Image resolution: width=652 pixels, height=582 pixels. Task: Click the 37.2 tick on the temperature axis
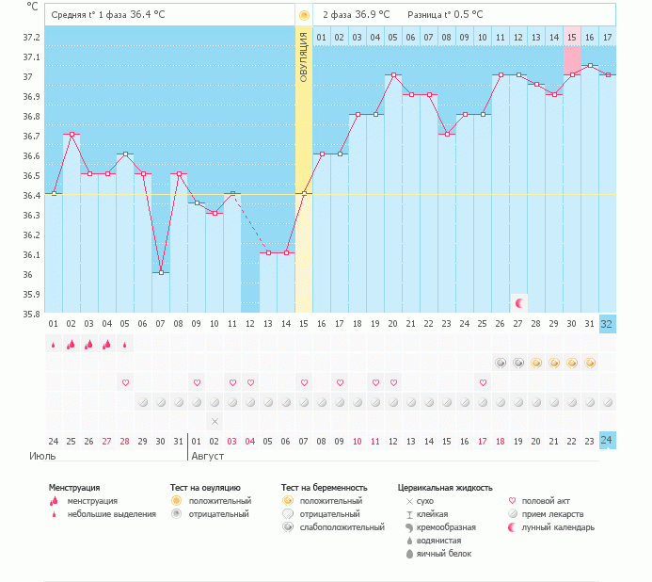coord(31,37)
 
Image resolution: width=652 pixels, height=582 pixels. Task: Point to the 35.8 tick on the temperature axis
coord(31,314)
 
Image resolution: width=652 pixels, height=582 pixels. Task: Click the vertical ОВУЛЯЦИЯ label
coord(304,57)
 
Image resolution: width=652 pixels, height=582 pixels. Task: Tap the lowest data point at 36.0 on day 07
coord(161,272)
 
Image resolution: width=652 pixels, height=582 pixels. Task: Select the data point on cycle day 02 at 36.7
coord(72,135)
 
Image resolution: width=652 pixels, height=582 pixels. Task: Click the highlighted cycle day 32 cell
coord(608,324)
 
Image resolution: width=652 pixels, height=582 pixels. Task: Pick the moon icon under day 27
coord(518,302)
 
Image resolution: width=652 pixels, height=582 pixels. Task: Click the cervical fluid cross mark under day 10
coord(215,421)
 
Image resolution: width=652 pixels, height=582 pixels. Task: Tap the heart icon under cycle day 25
coord(483,382)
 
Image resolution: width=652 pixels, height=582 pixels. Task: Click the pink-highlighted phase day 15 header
coord(572,37)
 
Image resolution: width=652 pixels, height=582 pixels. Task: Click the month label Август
coord(209,456)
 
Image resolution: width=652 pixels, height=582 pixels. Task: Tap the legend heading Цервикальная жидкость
coord(445,488)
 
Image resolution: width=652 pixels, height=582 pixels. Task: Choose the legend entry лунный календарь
coord(561,527)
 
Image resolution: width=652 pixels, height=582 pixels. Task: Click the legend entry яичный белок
coord(445,554)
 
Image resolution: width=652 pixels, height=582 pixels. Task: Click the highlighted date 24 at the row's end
coord(608,441)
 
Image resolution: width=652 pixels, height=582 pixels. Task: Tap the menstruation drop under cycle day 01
coord(54,344)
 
